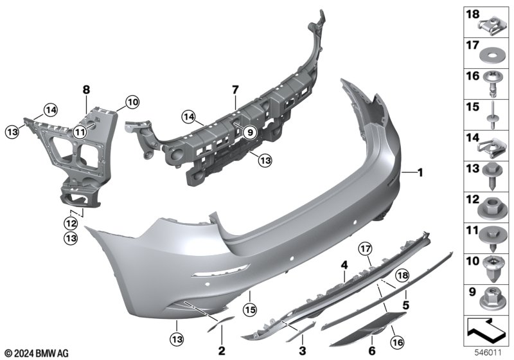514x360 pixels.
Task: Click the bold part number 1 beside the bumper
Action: pyautogui.click(x=420, y=172)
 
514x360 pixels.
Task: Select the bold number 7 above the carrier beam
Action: pyautogui.click(x=235, y=89)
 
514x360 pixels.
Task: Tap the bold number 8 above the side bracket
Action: pyautogui.click(x=86, y=89)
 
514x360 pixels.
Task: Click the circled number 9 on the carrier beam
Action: pyautogui.click(x=250, y=132)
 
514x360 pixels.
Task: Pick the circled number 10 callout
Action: pyautogui.click(x=132, y=102)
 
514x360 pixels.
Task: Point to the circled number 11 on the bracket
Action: pyautogui.click(x=80, y=132)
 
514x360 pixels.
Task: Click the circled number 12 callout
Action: pyautogui.click(x=71, y=224)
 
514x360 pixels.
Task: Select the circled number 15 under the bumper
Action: pyautogui.click(x=250, y=309)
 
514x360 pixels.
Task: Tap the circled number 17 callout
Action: pyautogui.click(x=366, y=249)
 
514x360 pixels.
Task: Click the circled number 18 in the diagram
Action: pyautogui.click(x=403, y=275)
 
